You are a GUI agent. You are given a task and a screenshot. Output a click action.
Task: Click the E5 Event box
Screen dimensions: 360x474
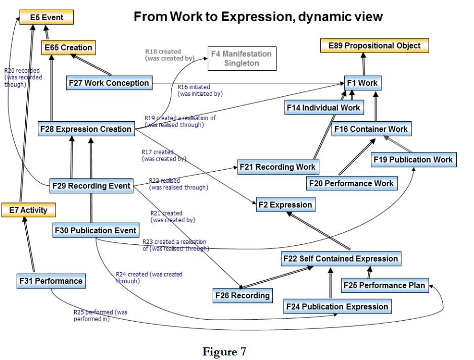click(x=46, y=18)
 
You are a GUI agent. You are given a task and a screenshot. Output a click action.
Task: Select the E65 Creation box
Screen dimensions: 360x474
click(x=69, y=47)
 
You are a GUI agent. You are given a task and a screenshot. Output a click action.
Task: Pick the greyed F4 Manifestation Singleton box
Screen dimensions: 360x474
click(x=241, y=59)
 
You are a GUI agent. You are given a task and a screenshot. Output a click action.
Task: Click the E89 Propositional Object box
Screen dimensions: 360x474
click(x=374, y=45)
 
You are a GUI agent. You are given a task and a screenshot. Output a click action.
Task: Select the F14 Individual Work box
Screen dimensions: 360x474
click(x=323, y=108)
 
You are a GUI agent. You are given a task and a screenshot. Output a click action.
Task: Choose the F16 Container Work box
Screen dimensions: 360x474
click(x=371, y=129)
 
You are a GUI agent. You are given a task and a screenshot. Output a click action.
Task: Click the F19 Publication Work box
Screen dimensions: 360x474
click(x=413, y=160)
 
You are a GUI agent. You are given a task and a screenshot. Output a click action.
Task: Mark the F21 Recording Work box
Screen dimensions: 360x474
click(x=278, y=167)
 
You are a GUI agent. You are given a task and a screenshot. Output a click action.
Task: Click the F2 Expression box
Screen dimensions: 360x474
click(x=286, y=204)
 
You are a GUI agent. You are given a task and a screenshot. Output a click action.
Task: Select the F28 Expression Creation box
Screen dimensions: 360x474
click(x=86, y=129)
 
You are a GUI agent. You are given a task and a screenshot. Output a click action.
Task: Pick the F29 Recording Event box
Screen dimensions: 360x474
click(x=92, y=186)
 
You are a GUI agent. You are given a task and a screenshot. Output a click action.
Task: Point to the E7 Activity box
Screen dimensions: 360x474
click(x=28, y=210)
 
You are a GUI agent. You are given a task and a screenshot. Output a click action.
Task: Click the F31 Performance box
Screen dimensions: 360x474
click(x=51, y=281)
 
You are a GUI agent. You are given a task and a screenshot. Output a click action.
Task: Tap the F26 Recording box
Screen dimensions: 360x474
click(x=243, y=295)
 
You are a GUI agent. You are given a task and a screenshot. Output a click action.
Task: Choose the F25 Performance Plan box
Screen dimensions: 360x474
click(x=385, y=285)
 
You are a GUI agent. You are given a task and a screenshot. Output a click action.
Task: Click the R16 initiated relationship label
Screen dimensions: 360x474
click(x=200, y=90)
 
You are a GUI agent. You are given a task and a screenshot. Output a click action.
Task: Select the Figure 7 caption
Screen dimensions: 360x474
click(x=224, y=351)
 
